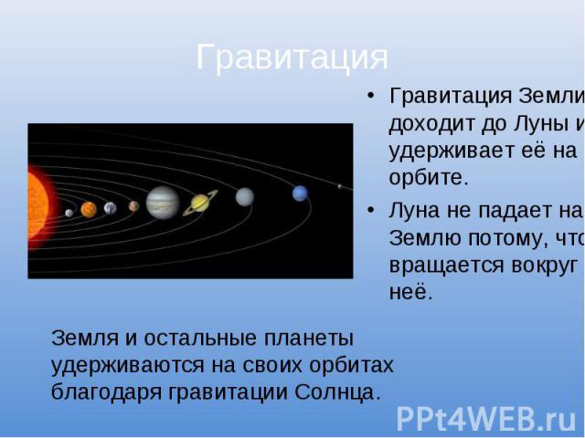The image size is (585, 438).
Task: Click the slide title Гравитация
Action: pyautogui.click(x=292, y=57)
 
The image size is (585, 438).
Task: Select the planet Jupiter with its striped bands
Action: pyautogui.click(x=163, y=203)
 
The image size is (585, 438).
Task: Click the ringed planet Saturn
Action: pyautogui.click(x=200, y=203)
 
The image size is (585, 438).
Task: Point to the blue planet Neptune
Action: pyautogui.click(x=301, y=193)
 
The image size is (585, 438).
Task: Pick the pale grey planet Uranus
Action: pyautogui.click(x=245, y=197)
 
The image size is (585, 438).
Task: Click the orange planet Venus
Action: pyautogui.click(x=89, y=209)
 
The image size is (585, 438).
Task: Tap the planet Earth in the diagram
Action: pyautogui.click(x=110, y=208)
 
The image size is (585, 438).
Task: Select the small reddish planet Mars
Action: pyautogui.click(x=133, y=206)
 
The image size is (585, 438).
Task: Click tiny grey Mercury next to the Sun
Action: pyautogui.click(x=69, y=213)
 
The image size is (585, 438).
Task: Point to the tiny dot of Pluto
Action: pyautogui.click(x=339, y=186)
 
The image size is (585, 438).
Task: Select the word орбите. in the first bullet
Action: pyautogui.click(x=429, y=177)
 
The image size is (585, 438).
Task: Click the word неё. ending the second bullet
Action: pyautogui.click(x=410, y=292)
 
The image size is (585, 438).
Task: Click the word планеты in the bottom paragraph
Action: pyautogui.click(x=309, y=339)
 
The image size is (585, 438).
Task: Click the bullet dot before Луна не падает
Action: pyautogui.click(x=370, y=211)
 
